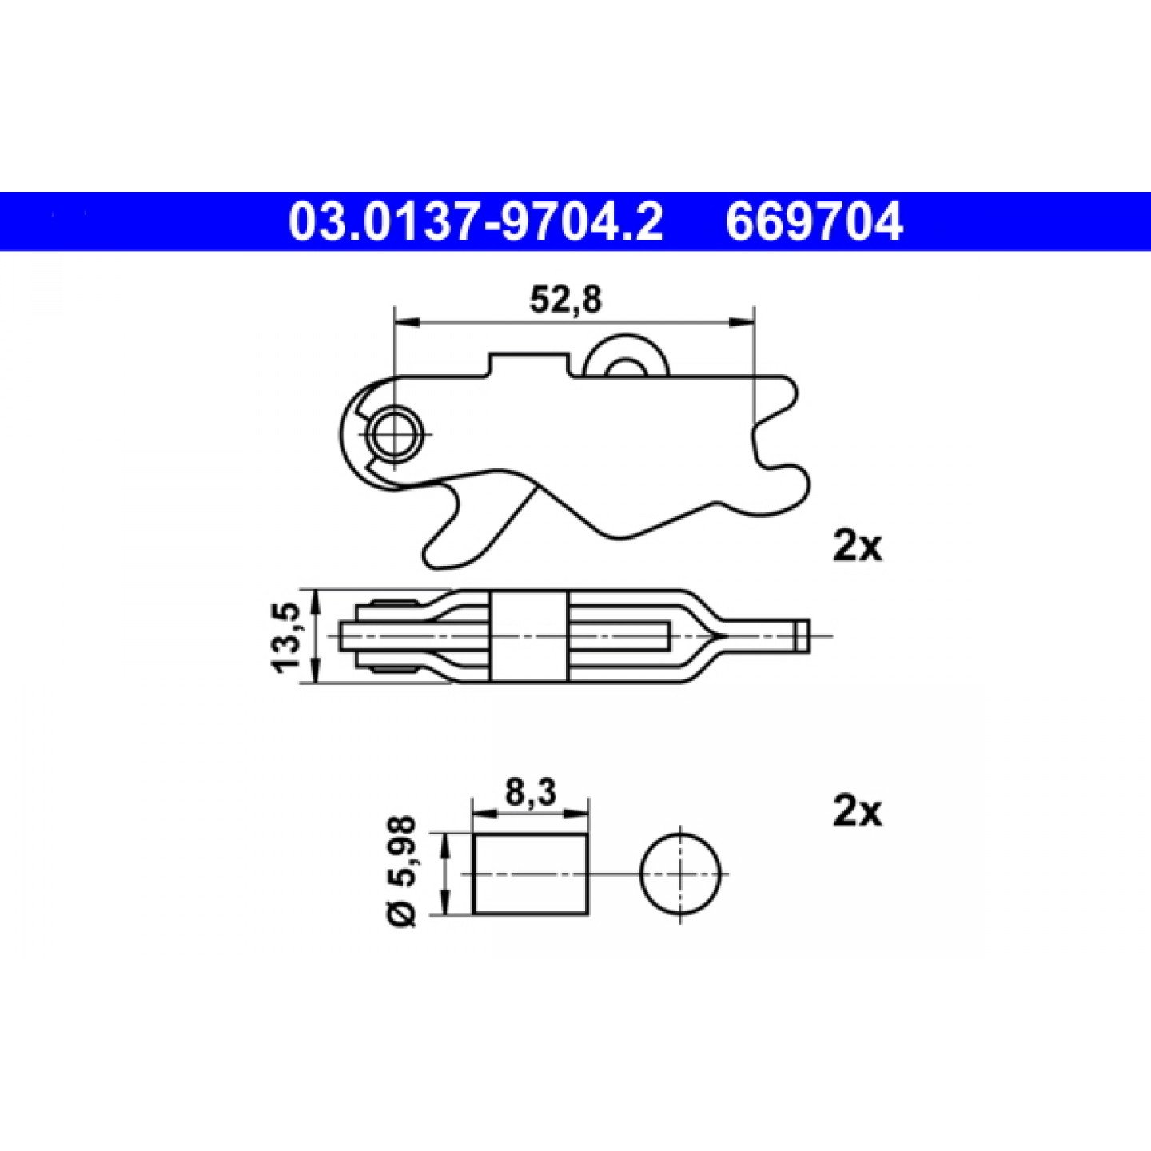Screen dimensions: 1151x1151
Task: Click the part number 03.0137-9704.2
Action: click(x=476, y=221)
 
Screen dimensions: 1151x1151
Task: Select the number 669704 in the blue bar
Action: click(x=813, y=221)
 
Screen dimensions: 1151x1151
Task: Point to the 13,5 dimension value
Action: click(x=287, y=637)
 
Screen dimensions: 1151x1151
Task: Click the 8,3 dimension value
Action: click(x=531, y=794)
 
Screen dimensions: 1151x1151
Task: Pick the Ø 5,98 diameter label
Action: click(x=404, y=870)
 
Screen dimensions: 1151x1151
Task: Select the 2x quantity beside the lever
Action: click(x=857, y=547)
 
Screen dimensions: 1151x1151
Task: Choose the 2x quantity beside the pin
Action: click(x=857, y=812)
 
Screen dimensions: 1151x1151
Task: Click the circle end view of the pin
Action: click(x=680, y=873)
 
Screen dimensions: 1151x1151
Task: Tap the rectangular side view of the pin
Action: click(x=531, y=873)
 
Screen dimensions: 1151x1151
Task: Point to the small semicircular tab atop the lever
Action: click(x=623, y=356)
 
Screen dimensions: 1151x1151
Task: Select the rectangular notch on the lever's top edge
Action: click(x=529, y=364)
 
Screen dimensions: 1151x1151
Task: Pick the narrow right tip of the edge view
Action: click(x=801, y=635)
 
